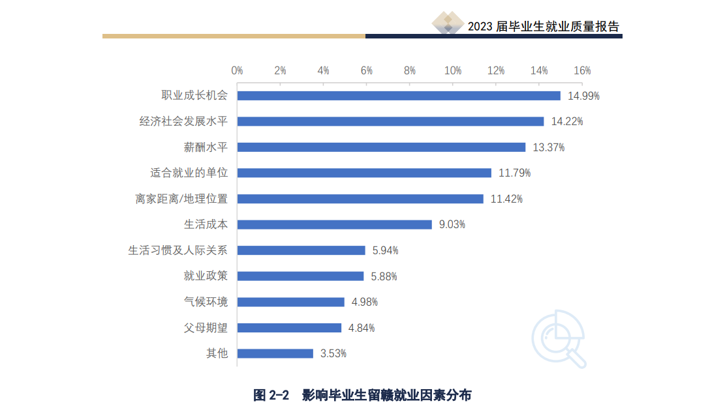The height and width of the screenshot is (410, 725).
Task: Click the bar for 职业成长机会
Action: point(399,96)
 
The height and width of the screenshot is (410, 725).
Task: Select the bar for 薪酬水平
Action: point(381,147)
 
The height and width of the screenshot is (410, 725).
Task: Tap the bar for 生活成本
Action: point(334,224)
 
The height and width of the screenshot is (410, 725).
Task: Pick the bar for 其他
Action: point(275,353)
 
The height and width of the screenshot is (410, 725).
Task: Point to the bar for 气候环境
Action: point(290,302)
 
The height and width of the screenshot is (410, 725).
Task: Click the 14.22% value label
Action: point(567,121)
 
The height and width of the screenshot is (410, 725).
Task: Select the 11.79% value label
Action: point(515,173)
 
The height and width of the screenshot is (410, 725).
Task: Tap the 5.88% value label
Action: point(384,276)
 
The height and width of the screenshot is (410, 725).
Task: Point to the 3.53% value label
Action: point(333,353)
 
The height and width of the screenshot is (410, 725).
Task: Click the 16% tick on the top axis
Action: point(582,70)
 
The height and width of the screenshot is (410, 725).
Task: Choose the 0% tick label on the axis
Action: point(237,70)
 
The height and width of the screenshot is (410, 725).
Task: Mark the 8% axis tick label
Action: point(410,70)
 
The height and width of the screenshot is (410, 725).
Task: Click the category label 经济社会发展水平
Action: point(183,121)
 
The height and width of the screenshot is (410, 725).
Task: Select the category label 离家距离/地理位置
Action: point(181,199)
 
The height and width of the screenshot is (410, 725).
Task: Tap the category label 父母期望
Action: point(206,327)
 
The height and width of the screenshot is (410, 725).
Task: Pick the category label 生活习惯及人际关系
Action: point(177,250)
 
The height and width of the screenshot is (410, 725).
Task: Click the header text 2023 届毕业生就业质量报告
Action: point(544,26)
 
